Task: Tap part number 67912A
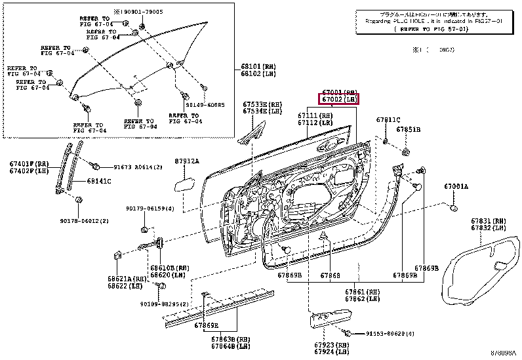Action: [x=187, y=161]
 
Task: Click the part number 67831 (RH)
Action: [x=489, y=221]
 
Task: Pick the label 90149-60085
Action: [x=205, y=105]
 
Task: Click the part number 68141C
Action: [x=99, y=182]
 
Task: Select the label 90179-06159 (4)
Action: [x=150, y=209]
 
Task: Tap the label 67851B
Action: [x=408, y=130]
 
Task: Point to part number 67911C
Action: [x=388, y=120]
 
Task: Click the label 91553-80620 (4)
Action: [x=390, y=334]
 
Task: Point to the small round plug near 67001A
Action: [x=453, y=208]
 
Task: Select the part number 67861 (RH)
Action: [x=363, y=291]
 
